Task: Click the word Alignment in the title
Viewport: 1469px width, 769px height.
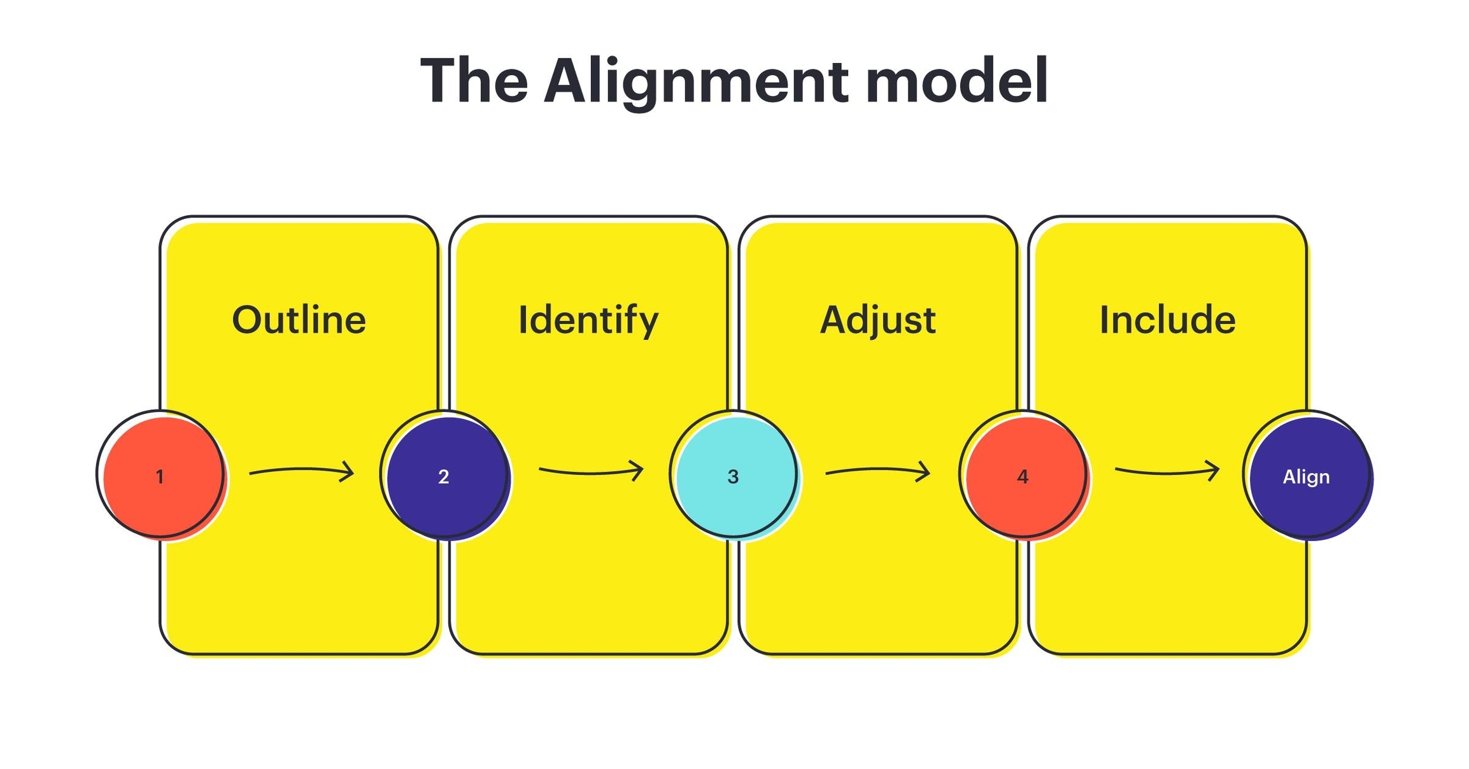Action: pyautogui.click(x=696, y=81)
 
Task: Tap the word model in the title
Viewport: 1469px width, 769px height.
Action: pyautogui.click(x=956, y=81)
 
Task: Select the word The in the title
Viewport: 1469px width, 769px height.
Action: pyautogui.click(x=474, y=81)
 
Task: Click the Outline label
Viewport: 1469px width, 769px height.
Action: pyautogui.click(x=299, y=320)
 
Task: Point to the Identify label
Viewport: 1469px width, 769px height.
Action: pyautogui.click(x=588, y=320)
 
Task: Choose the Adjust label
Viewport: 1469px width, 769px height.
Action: pyautogui.click(x=877, y=320)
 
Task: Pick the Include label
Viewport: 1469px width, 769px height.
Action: pyautogui.click(x=1167, y=320)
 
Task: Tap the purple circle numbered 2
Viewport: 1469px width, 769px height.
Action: pyautogui.click(x=446, y=476)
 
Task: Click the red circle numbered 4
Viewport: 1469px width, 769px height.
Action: pyautogui.click(x=1024, y=476)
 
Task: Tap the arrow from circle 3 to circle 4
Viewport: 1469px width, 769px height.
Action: pyautogui.click(x=877, y=471)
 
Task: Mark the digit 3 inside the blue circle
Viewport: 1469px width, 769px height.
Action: pyautogui.click(x=733, y=477)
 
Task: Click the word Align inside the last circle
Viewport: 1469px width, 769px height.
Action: pyautogui.click(x=1306, y=477)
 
